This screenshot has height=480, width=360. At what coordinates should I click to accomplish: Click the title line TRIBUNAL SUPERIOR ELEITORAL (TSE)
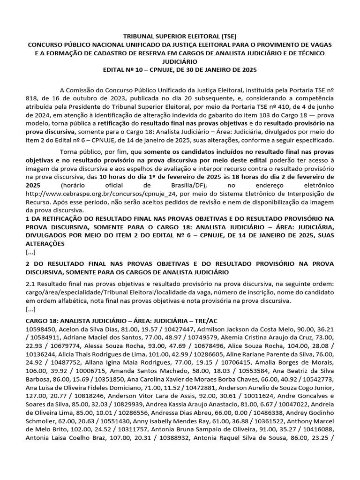pos(180,36)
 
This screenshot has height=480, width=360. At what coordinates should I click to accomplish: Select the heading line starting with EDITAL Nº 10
pos(180,69)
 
